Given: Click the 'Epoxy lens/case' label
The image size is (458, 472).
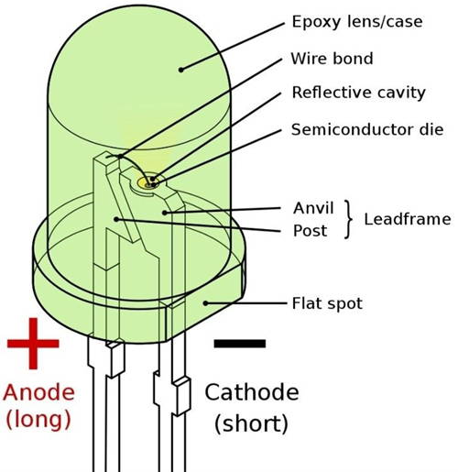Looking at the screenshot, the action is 357,22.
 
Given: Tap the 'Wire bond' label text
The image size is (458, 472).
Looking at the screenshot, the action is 332,59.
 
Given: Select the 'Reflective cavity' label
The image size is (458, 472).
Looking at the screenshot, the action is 359,93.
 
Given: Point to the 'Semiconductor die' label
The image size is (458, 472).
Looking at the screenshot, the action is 367,129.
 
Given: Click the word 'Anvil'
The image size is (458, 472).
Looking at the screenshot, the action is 313,208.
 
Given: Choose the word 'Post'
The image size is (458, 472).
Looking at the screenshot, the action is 310,231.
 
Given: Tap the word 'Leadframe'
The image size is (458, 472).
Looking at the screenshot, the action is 408,219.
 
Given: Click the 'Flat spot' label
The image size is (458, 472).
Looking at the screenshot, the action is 327,303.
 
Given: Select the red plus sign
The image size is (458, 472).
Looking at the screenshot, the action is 33,344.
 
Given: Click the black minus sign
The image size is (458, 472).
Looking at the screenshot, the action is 240,344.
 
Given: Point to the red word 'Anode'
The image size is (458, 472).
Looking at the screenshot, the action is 39,392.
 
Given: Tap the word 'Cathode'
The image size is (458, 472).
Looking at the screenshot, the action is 252,392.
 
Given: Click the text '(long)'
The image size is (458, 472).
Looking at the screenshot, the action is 38,419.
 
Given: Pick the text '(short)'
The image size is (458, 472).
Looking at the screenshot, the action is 251,423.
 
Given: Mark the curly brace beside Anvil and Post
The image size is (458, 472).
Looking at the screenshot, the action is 348,219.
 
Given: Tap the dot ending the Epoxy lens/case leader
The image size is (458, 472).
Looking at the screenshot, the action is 180,70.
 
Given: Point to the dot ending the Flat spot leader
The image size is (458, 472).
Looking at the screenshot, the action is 206,303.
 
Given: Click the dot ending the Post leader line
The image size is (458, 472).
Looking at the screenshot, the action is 116,219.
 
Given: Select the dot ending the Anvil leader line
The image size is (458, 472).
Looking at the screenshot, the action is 165,213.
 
